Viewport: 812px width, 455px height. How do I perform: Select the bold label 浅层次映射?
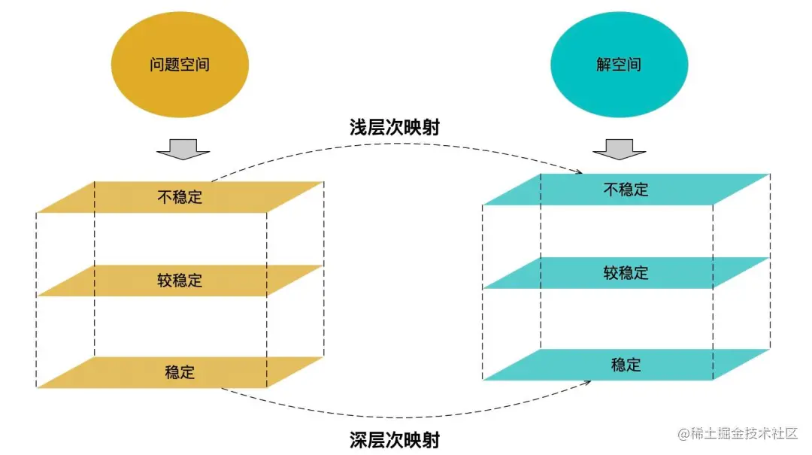tap(395, 128)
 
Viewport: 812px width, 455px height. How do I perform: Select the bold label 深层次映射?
tap(395, 438)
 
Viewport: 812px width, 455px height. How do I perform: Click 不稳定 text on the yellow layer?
tap(180, 197)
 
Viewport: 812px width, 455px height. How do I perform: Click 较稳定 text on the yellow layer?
tap(180, 281)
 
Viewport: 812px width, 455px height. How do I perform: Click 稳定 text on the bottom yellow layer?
tap(180, 372)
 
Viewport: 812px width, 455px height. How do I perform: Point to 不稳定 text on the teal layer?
tap(626, 190)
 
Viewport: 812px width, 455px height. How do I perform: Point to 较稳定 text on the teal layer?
tap(626, 273)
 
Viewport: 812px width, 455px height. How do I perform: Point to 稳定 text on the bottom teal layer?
tap(626, 365)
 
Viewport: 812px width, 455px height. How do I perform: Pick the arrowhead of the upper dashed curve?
tap(579, 171)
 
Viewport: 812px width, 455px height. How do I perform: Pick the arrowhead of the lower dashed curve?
tap(586, 383)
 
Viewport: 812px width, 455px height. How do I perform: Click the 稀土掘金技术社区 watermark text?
tap(745, 434)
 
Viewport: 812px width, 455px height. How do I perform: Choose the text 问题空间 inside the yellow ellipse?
tap(179, 65)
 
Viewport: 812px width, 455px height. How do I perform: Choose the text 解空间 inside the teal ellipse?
tap(619, 65)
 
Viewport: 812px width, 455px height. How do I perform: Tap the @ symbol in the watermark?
tap(684, 435)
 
